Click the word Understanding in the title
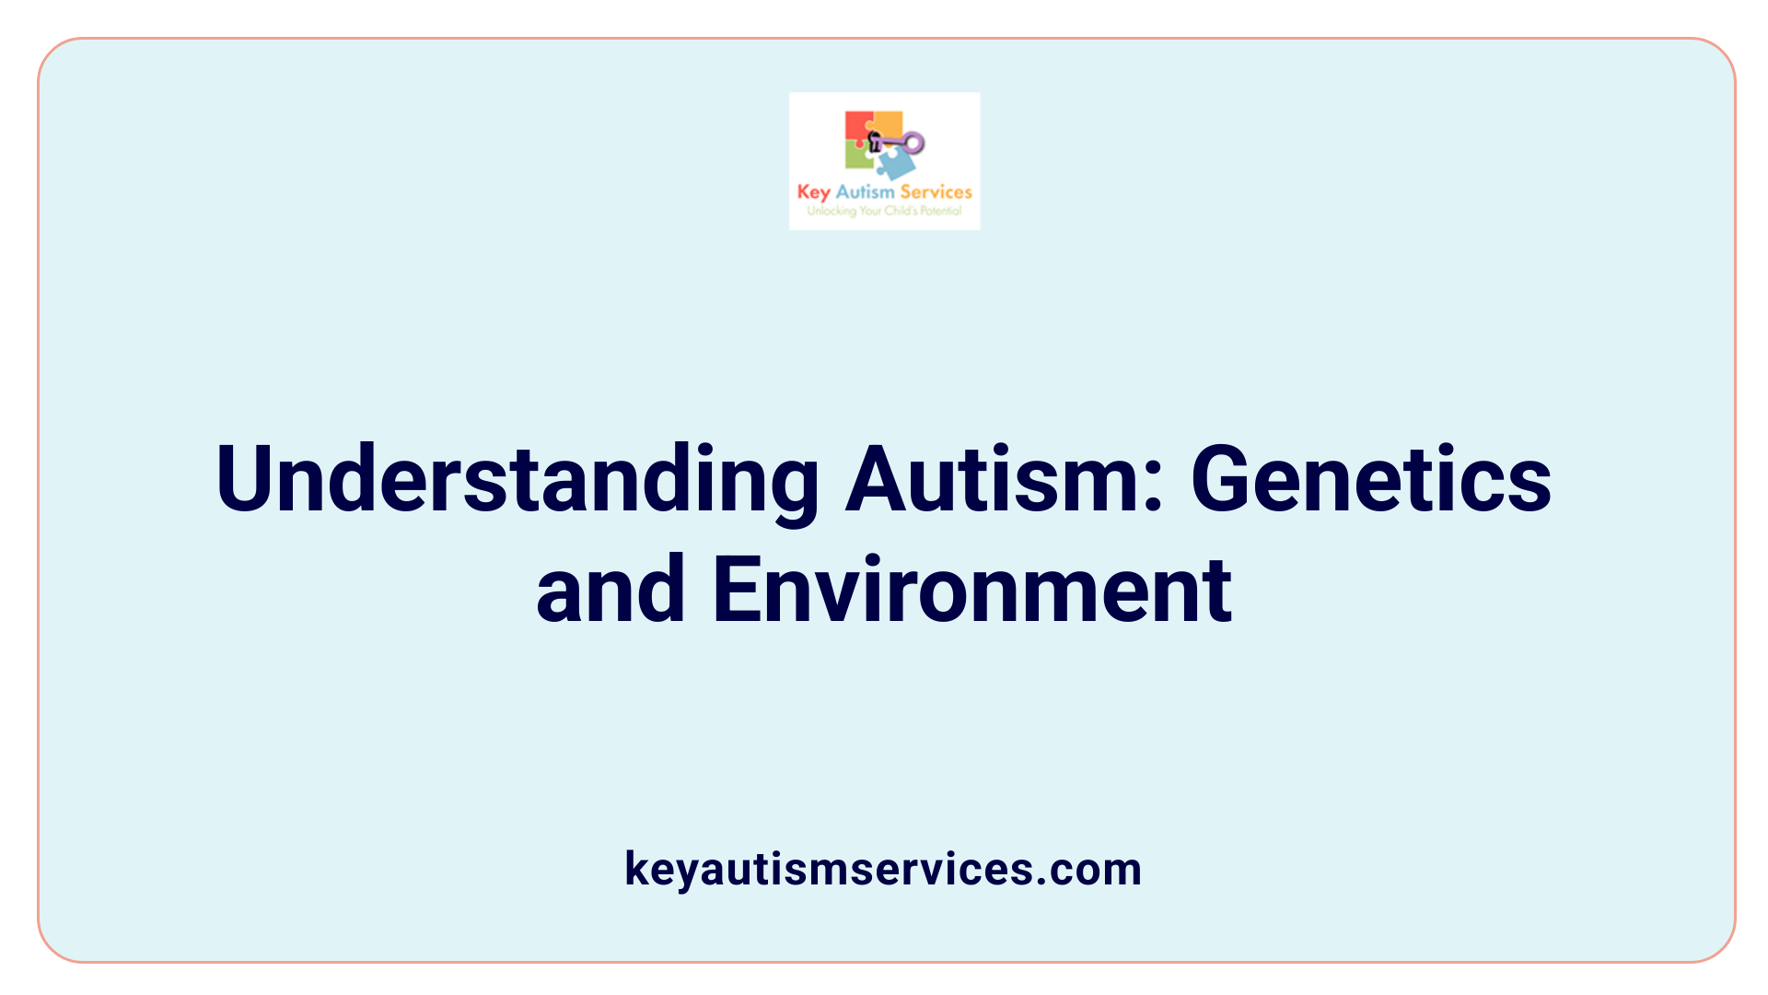517,480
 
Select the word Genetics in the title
1371,480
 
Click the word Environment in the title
972,591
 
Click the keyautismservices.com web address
883,869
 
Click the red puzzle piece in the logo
858,128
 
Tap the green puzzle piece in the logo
858,156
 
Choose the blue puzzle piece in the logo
895,164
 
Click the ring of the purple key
913,142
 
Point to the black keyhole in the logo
875,141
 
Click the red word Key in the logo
813,193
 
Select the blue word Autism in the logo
865,192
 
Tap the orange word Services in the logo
936,192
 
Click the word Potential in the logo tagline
941,211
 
